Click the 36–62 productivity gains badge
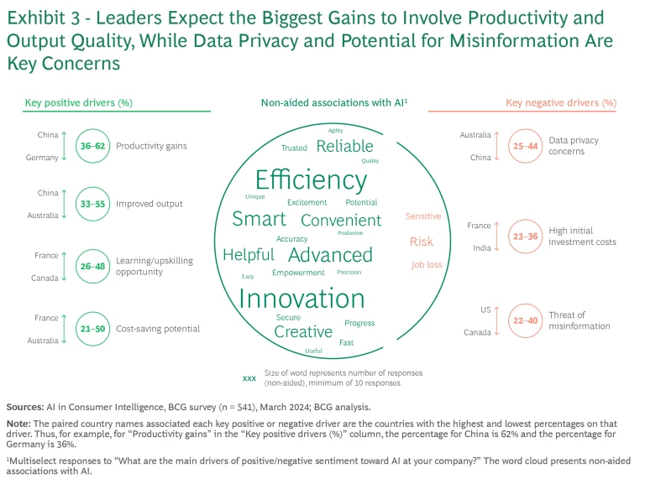tap(92, 146)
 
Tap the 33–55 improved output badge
tap(92, 204)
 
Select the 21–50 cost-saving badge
tap(92, 329)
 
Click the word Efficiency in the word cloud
tap(311, 180)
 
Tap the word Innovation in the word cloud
tap(302, 299)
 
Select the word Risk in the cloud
tap(422, 242)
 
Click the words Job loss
tap(427, 265)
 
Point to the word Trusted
tap(294, 148)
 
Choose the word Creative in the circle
tap(303, 332)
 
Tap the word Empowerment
tap(298, 273)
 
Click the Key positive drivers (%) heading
tap(79, 103)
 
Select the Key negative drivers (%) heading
tap(561, 103)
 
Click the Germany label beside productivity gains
tap(43, 158)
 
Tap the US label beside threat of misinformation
tap(485, 309)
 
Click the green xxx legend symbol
tap(249, 378)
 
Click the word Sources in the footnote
tap(25, 405)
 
